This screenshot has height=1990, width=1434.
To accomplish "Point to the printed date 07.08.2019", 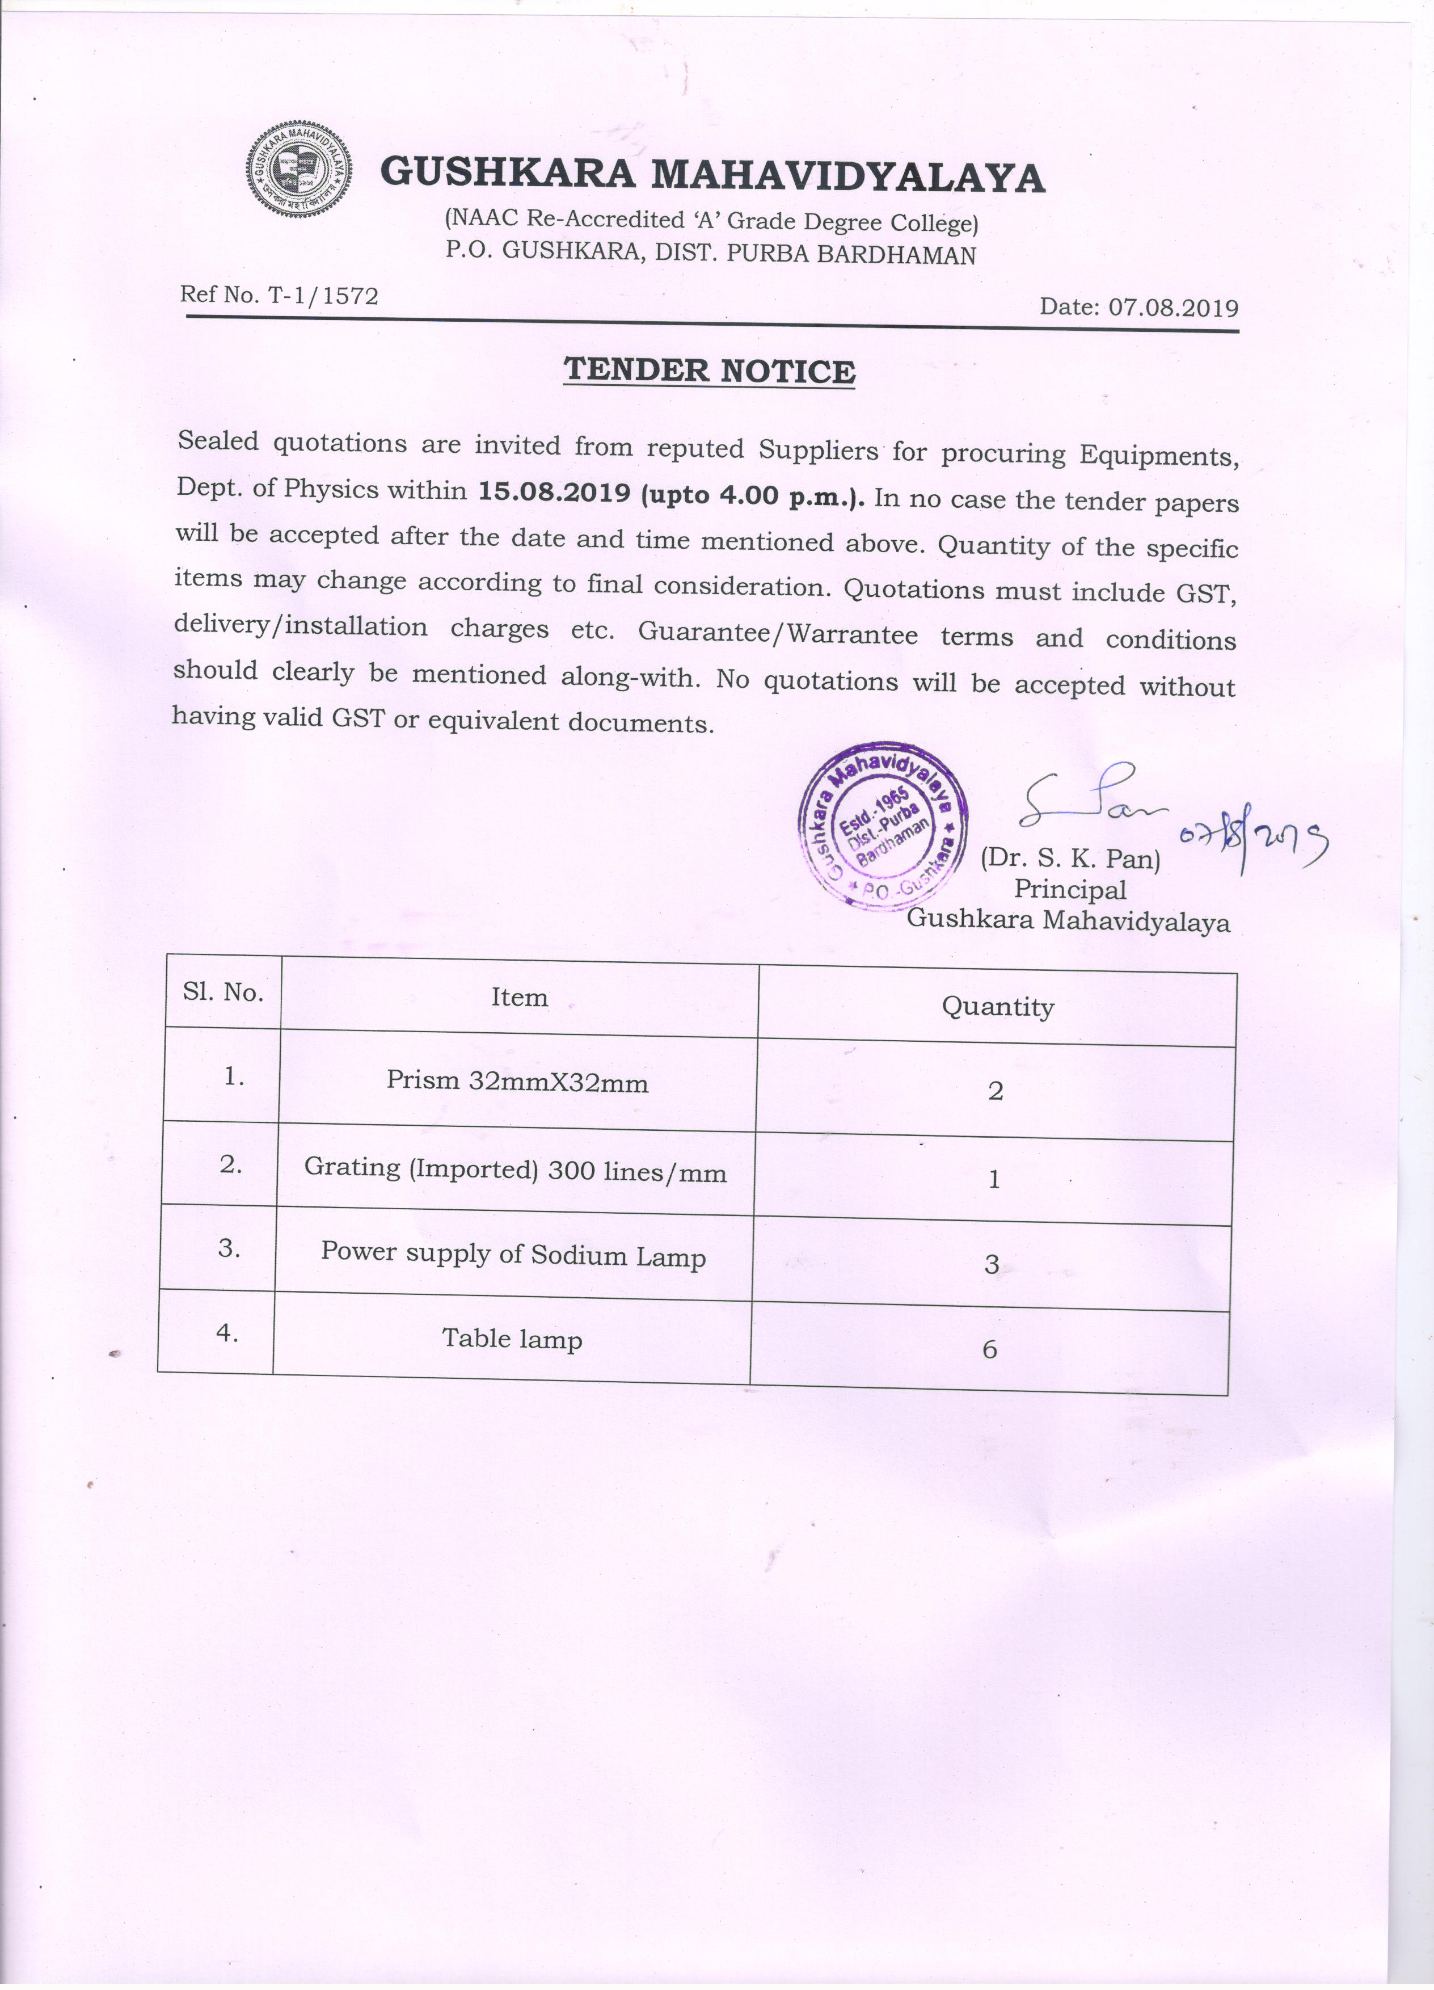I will (1174, 307).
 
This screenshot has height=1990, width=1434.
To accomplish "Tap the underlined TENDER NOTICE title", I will (708, 371).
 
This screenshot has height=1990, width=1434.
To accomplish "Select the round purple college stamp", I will (882, 827).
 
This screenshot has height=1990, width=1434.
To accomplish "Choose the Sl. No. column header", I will (223, 992).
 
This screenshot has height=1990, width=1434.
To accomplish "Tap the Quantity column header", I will (997, 1007).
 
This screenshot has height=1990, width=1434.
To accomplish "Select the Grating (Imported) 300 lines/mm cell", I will (516, 1171).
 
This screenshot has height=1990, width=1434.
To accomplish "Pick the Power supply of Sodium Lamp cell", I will (513, 1255).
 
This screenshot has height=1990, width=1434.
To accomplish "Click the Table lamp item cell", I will (512, 1339).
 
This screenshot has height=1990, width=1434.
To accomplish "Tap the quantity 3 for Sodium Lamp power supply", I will (992, 1264).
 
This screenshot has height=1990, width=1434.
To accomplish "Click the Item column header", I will (519, 998).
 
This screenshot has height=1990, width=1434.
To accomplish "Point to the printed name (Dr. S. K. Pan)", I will (1070, 857).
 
